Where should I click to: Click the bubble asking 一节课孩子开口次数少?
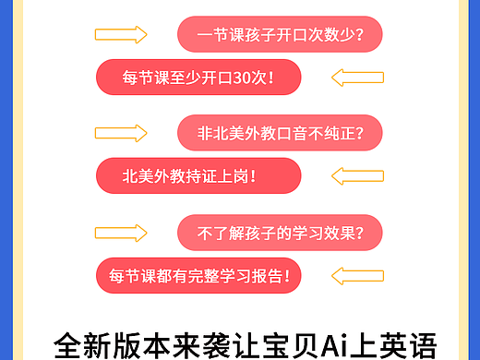[280, 35]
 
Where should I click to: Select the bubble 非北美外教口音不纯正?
[280, 133]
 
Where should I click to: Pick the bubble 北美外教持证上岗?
[198, 175]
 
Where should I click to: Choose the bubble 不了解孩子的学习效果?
[280, 232]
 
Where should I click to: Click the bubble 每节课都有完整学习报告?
[198, 274]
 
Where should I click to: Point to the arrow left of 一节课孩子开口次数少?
[121, 35]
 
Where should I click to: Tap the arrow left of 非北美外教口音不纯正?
[121, 133]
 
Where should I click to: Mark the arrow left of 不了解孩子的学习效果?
[121, 232]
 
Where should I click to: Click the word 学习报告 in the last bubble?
[252, 274]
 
